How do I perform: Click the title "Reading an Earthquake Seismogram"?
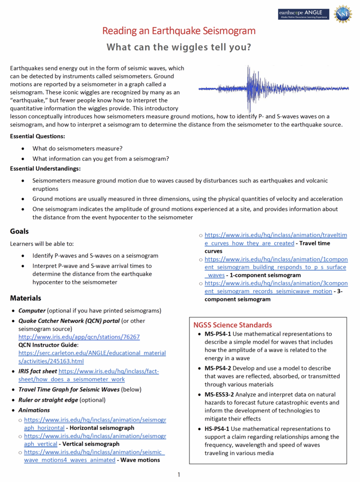click(179, 31)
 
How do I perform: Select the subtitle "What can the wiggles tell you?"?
click(179, 48)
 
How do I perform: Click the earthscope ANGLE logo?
click(303, 14)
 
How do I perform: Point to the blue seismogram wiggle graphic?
click(274, 89)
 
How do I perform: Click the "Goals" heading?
click(19, 232)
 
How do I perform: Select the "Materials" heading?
click(25, 299)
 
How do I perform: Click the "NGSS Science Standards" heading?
click(232, 325)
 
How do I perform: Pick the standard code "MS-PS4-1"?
click(218, 334)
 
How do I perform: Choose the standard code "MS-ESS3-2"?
click(220, 395)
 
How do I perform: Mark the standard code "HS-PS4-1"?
click(218, 429)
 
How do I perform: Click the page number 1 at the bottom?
click(179, 475)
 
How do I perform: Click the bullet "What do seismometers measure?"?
click(77, 148)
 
